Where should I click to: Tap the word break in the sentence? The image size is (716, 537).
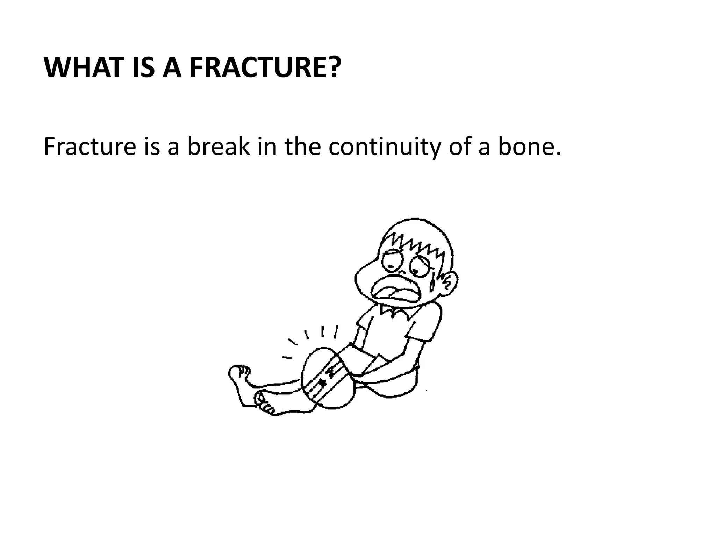pos(219,147)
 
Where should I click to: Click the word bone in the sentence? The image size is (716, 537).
pos(526,147)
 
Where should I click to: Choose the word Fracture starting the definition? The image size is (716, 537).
pos(89,147)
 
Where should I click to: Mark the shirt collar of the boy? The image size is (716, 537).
pos(395,311)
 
